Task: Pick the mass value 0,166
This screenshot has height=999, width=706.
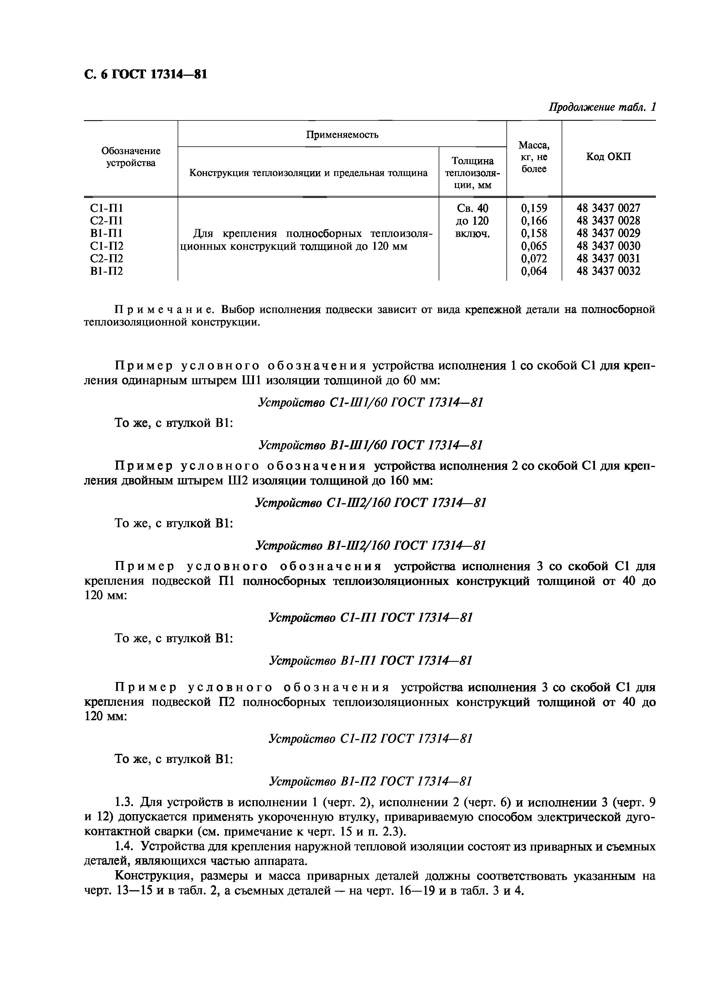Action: coord(534,221)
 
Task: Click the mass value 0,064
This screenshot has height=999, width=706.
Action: coord(534,271)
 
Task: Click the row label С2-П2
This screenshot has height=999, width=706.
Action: coord(106,259)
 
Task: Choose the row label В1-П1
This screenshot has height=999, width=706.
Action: coord(106,233)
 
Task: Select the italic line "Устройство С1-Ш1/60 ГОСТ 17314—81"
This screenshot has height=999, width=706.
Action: coord(370,402)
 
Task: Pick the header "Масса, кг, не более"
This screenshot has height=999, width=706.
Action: coord(534,157)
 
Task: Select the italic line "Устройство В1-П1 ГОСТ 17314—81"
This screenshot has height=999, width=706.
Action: coord(370,660)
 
